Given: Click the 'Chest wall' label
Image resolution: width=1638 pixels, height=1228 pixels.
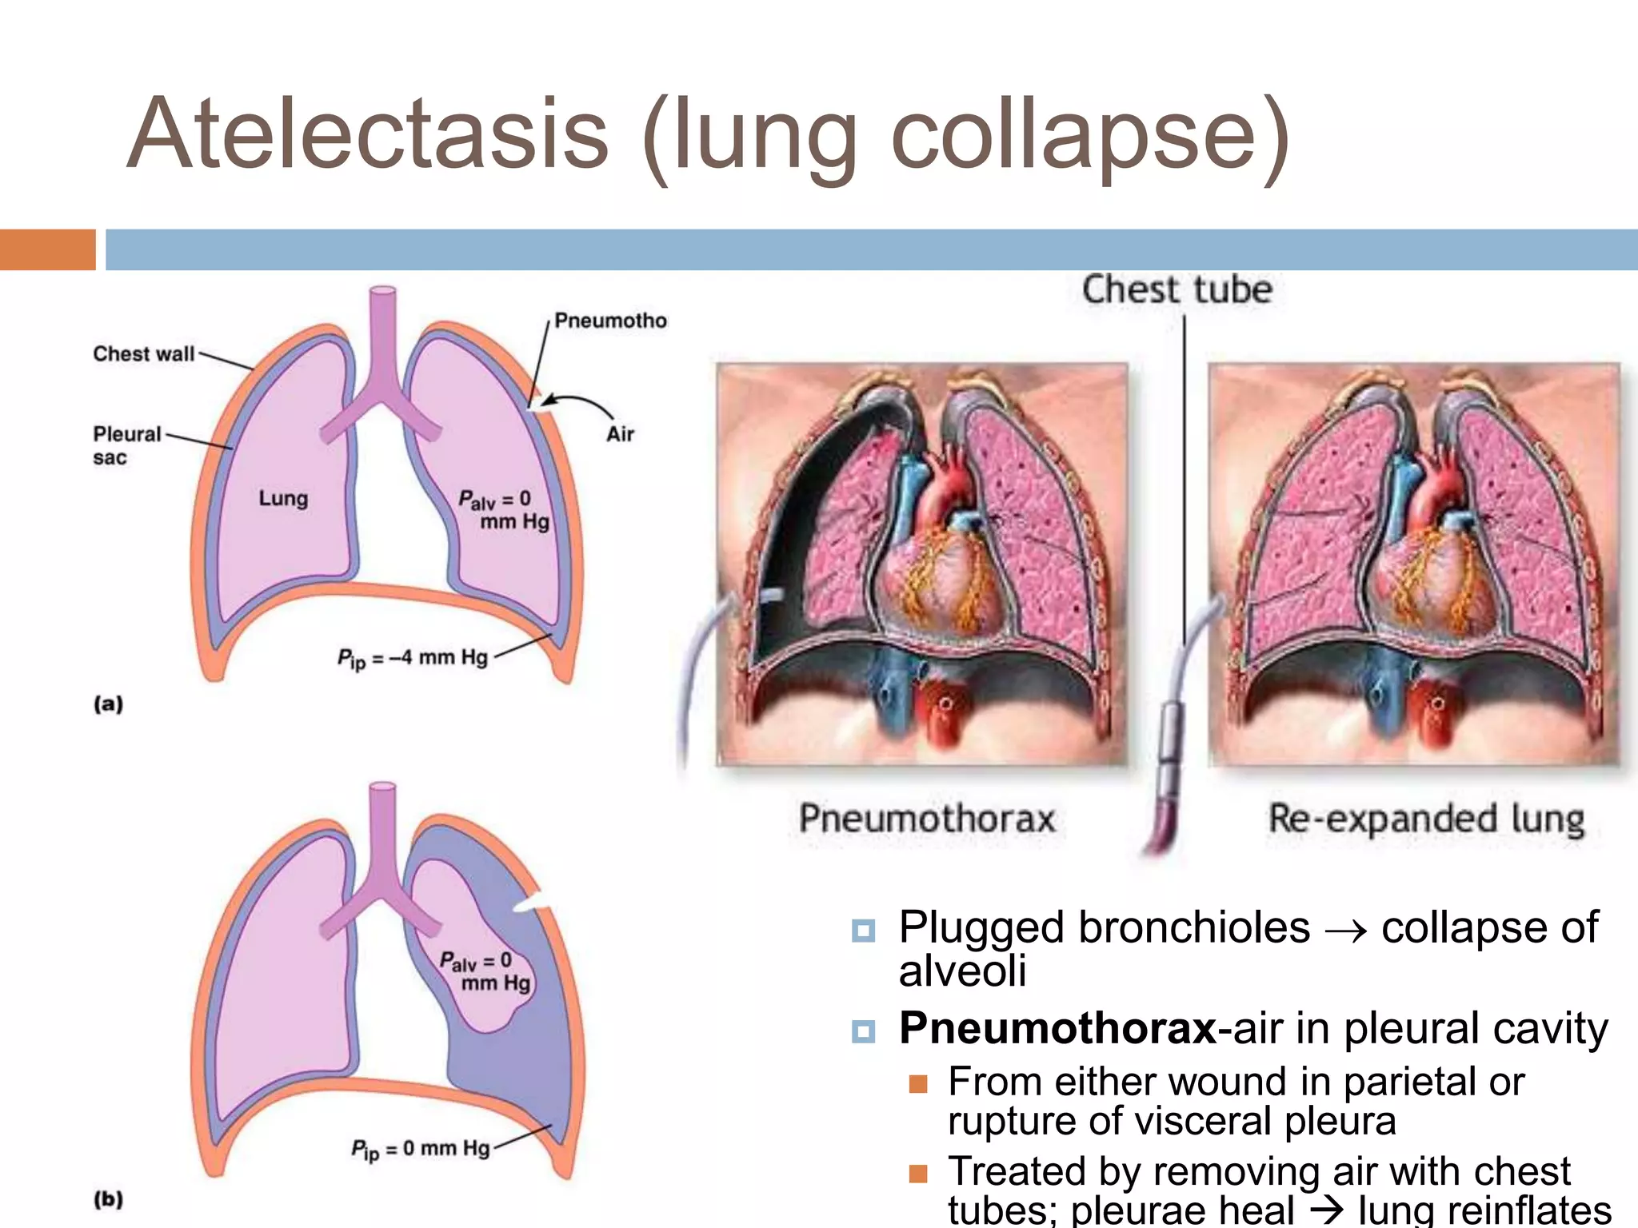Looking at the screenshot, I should click(x=144, y=353).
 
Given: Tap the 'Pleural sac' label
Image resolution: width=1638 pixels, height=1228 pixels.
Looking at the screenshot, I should click(x=126, y=445).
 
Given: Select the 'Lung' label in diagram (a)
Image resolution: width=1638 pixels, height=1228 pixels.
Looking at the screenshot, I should click(x=283, y=498).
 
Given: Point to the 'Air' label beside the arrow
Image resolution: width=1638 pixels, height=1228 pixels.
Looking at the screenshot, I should click(x=620, y=434).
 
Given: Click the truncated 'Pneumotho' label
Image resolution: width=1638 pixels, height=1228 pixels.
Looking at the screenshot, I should click(x=610, y=321).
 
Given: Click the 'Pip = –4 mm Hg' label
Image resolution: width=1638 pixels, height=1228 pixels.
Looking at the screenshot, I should click(x=412, y=658).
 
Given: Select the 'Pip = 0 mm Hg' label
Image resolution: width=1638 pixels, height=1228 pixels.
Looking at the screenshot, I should click(x=420, y=1149).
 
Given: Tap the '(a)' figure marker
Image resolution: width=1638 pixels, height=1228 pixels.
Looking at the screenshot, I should click(x=109, y=704).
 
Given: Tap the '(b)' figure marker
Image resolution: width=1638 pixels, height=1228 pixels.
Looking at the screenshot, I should click(x=109, y=1199).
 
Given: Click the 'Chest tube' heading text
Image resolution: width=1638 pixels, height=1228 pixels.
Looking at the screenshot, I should click(x=1177, y=289).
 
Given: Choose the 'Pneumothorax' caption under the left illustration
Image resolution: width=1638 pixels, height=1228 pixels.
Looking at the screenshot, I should click(x=927, y=819).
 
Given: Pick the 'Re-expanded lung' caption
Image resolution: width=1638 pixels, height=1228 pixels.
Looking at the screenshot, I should click(x=1426, y=819).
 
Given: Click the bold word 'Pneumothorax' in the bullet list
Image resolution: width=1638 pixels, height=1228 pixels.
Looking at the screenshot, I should click(x=1057, y=1028).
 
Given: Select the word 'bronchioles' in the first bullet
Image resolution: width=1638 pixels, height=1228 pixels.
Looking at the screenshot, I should click(x=1194, y=927).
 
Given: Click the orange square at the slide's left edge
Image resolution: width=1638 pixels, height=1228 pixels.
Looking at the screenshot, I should click(x=47, y=249).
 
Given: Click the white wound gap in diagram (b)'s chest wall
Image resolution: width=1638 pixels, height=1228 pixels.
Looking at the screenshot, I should click(x=532, y=903).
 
